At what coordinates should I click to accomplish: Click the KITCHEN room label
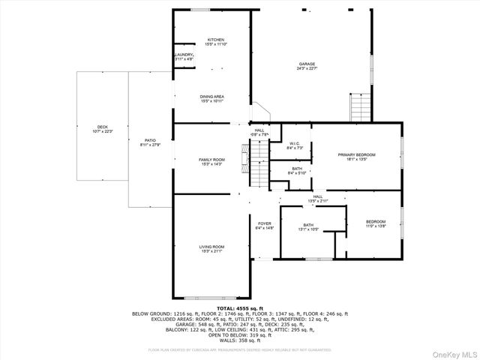pyautogui.click(x=216, y=40)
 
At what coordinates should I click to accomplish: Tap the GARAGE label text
pyautogui.click(x=307, y=64)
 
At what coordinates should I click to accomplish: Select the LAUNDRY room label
pyautogui.click(x=184, y=55)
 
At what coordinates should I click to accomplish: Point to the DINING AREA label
pyautogui.click(x=212, y=97)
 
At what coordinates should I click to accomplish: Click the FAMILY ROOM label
pyautogui.click(x=211, y=160)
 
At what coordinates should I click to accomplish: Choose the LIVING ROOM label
pyautogui.click(x=211, y=247)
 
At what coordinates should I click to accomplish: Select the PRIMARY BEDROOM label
pyautogui.click(x=356, y=154)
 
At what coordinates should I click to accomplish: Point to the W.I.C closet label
pyautogui.click(x=295, y=144)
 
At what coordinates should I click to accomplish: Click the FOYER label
pyautogui.click(x=265, y=223)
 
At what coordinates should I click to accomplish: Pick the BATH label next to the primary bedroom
pyautogui.click(x=297, y=169)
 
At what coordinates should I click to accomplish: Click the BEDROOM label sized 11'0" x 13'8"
pyautogui.click(x=376, y=221)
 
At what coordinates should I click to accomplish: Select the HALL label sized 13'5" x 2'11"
pyautogui.click(x=318, y=196)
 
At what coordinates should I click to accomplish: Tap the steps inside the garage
pyautogui.click(x=360, y=107)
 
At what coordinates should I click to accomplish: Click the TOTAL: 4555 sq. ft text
pyautogui.click(x=239, y=307)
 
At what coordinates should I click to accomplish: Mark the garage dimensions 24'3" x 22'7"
pyautogui.click(x=307, y=70)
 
